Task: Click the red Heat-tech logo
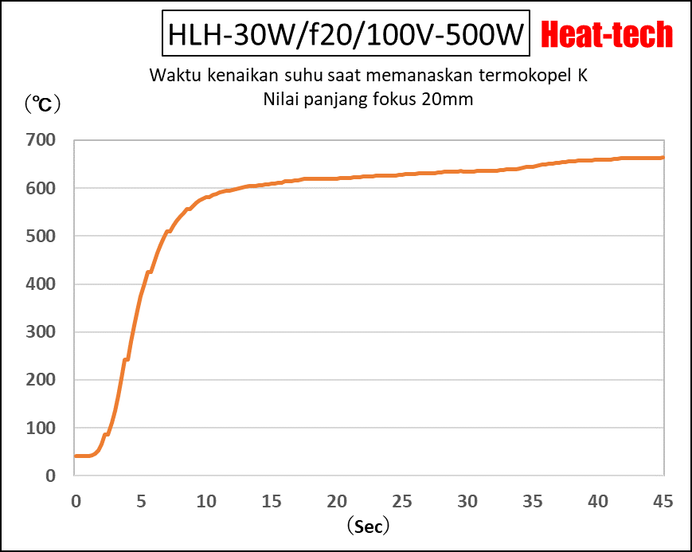click(x=607, y=34)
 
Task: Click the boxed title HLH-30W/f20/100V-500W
click(x=345, y=35)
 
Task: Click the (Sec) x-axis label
click(x=368, y=527)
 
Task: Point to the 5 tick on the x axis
click(x=140, y=501)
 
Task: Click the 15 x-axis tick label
click(x=271, y=501)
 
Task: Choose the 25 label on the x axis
click(x=402, y=501)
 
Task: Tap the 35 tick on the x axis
click(x=533, y=501)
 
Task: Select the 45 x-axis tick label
click(x=663, y=501)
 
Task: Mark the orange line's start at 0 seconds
click(x=76, y=456)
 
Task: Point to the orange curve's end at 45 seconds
click(x=663, y=158)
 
